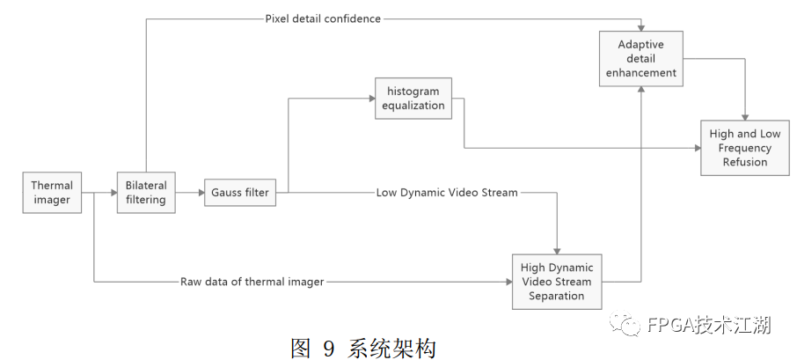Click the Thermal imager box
coord(52,193)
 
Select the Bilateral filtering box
coord(147,193)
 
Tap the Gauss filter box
coord(239,193)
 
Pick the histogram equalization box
coord(413,99)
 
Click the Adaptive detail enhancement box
coord(641,58)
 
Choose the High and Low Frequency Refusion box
coord(745,148)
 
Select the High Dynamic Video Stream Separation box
coord(557,281)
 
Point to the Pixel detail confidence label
coord(323,18)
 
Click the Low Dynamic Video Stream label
coord(447,192)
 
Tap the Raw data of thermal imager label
coord(252,282)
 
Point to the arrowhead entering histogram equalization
coord(369,99)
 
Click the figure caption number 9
coord(329,349)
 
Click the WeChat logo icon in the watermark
coord(629,325)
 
